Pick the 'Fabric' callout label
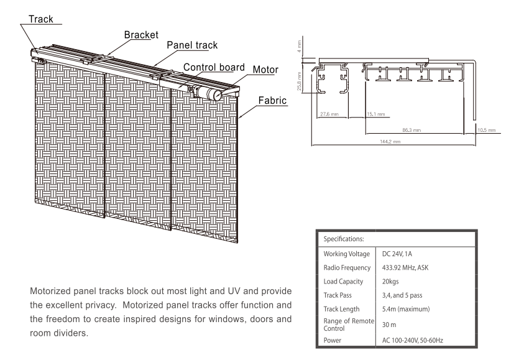[x=272, y=99]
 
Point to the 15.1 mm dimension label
[x=375, y=114]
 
